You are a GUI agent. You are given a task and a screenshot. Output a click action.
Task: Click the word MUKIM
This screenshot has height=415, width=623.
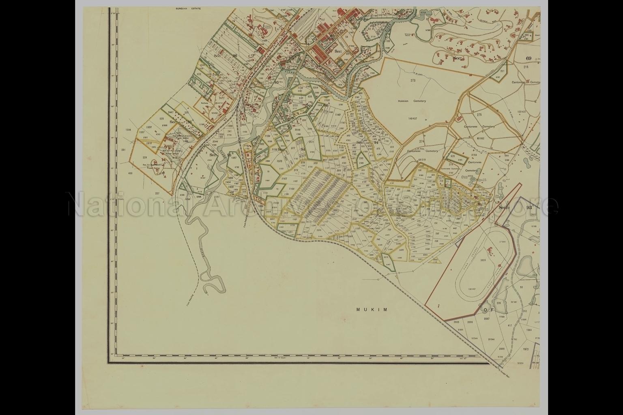[372, 310]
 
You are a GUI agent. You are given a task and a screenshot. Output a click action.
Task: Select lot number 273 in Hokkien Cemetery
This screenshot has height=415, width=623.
[413, 81]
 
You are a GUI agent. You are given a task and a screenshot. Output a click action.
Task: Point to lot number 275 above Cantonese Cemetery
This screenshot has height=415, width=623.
[479, 115]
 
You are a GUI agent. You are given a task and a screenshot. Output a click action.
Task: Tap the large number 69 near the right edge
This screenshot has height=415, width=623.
[528, 58]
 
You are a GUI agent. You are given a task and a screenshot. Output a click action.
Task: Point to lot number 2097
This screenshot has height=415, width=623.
[487, 319]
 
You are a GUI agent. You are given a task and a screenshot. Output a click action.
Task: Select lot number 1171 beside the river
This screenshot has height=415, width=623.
[217, 197]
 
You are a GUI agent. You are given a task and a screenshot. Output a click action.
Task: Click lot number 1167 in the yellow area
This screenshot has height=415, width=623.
[284, 178]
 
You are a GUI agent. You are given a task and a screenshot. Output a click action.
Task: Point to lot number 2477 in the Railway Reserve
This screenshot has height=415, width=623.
[221, 98]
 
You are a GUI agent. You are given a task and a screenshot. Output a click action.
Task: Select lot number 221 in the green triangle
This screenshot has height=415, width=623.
[502, 71]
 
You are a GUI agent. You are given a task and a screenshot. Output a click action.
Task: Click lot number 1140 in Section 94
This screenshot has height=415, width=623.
[337, 115]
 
